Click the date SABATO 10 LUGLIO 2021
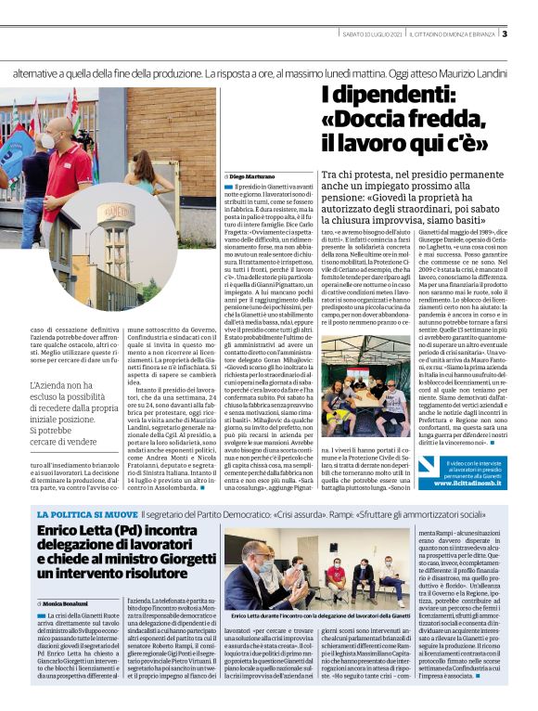point(373,35)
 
